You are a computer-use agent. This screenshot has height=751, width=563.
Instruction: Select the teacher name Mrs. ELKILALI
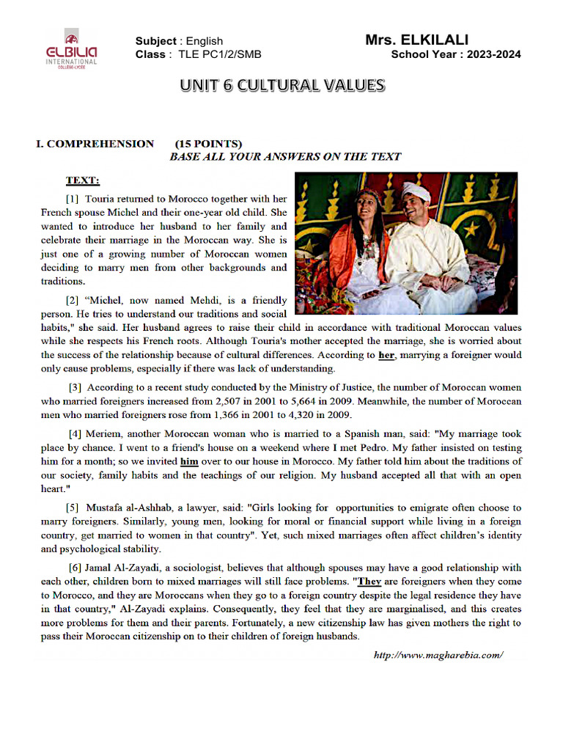(x=416, y=40)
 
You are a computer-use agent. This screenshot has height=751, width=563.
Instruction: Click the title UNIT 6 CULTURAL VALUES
(x=283, y=86)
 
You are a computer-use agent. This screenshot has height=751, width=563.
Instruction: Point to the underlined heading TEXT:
(x=83, y=180)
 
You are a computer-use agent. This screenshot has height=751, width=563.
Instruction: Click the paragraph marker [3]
(x=76, y=387)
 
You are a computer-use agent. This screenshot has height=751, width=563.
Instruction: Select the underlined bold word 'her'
(x=387, y=355)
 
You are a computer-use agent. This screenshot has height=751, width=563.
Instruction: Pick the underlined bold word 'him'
(x=189, y=461)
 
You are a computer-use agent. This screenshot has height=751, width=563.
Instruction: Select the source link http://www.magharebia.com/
(x=439, y=655)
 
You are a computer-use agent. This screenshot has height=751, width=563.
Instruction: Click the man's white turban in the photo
(x=414, y=192)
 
